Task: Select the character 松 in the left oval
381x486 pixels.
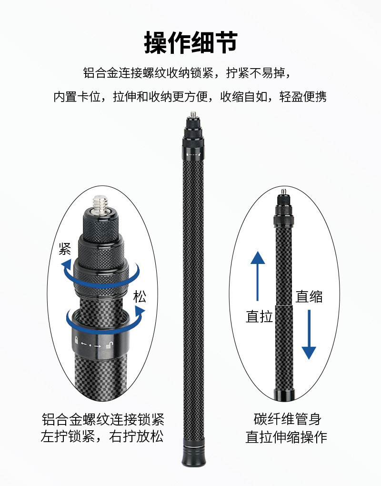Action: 140,297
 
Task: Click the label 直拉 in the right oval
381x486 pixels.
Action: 260,316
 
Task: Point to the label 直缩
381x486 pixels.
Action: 309,296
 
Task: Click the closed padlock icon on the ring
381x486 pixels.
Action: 75,340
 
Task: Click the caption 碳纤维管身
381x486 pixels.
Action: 287,420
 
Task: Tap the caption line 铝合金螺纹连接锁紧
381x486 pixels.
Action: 102,420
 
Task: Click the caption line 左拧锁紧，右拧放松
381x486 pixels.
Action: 102,437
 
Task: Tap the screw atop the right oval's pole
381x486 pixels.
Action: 284,192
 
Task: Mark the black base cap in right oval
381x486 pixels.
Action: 284,395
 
